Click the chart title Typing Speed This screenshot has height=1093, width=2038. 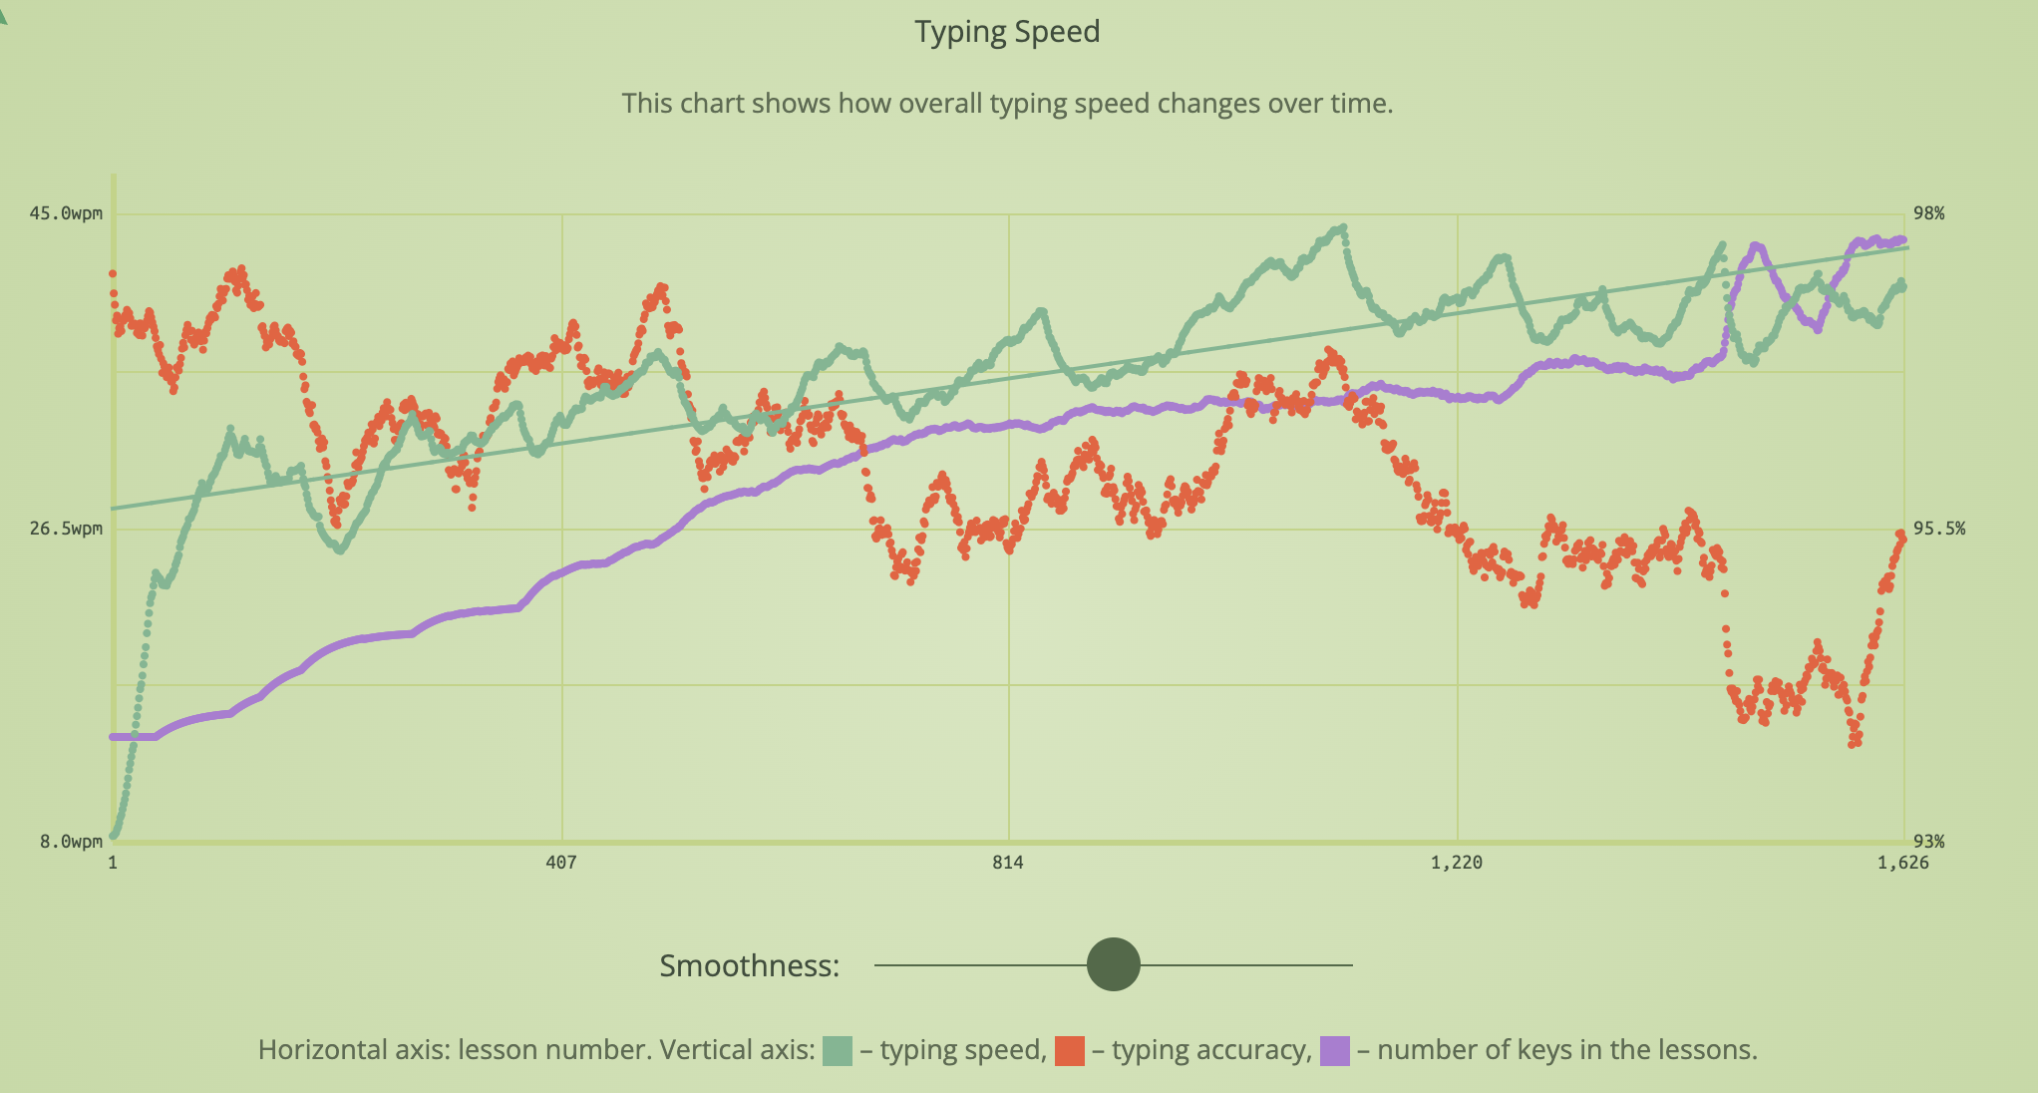pos(1007,32)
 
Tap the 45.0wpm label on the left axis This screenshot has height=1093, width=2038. pos(66,213)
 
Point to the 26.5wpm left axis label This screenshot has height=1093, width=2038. pos(66,529)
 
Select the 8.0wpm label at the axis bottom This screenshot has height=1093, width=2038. pos(71,842)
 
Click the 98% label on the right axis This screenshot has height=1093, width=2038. pos(1928,213)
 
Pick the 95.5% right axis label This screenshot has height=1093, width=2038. pos(1938,529)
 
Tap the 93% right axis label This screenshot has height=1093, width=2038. pos(1928,842)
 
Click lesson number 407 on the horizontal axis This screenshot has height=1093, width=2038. pos(561,863)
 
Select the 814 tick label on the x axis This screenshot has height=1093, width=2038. pos(1008,863)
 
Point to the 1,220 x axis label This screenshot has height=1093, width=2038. pos(1457,863)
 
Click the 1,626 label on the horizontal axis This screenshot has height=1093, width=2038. pos(1902,863)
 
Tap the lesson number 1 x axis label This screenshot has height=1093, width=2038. pos(113,863)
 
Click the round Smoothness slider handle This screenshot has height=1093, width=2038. pos(1113,964)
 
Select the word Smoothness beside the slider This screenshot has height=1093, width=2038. pos(749,965)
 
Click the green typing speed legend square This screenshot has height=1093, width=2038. pos(838,1051)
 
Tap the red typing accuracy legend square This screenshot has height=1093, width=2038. pos(1069,1051)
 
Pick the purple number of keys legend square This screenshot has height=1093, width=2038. pos(1334,1051)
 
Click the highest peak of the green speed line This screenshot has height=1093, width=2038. pos(1343,228)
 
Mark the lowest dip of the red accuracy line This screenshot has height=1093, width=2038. pos(1855,742)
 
